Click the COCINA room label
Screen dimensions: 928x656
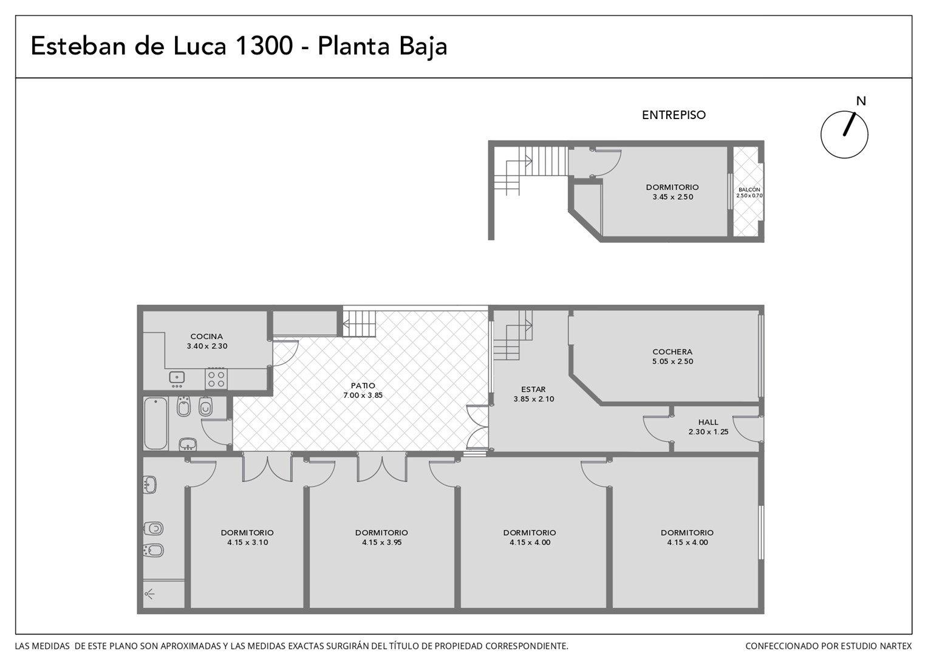(206, 337)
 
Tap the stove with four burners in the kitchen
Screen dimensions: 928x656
(216, 379)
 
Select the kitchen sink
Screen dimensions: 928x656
(177, 378)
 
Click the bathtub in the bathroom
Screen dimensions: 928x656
(155, 423)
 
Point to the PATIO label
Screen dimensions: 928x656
(363, 385)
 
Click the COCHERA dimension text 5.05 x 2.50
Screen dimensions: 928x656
(672, 361)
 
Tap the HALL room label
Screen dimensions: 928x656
(708, 422)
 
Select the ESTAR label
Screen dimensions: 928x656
(533, 389)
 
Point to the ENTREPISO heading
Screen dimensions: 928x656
(674, 115)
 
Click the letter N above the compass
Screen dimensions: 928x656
(861, 101)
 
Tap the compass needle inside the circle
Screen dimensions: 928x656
(849, 124)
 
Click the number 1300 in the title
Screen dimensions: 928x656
(264, 46)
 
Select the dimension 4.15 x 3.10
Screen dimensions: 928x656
(247, 542)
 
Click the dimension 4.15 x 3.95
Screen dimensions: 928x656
(381, 542)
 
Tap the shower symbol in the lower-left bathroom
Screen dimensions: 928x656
(149, 595)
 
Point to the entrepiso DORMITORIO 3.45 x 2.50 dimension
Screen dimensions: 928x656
(673, 197)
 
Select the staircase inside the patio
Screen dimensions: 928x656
(360, 324)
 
